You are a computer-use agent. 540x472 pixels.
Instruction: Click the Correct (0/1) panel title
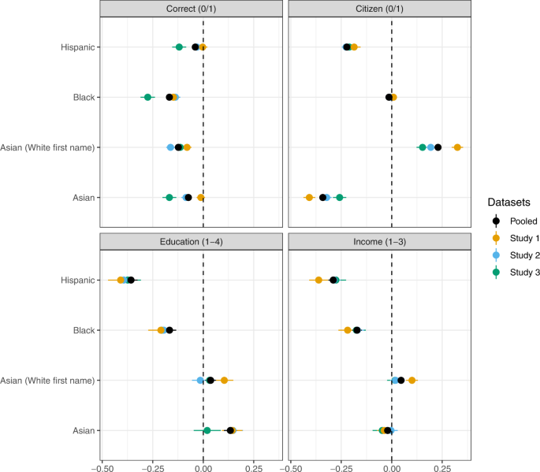190,9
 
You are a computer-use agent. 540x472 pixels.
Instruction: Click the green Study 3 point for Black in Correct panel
147,97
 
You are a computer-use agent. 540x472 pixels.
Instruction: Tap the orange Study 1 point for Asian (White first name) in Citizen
457,147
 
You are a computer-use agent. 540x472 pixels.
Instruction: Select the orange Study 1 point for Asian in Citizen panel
309,197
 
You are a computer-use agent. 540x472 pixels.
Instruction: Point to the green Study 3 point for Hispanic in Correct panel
179,47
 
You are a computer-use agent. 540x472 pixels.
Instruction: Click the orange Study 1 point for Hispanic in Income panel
318,280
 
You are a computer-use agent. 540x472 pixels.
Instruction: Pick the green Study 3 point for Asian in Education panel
207,430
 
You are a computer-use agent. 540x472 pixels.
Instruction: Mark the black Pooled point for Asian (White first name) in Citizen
438,147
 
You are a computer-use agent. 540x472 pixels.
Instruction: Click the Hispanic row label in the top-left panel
78,47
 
